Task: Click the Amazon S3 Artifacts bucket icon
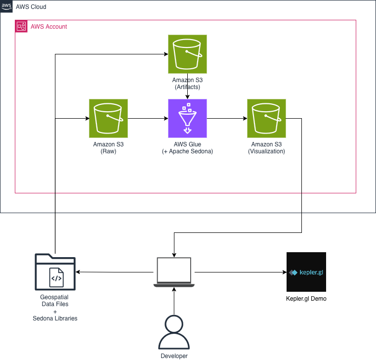point(187,54)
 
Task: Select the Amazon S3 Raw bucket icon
point(108,118)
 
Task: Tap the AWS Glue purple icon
point(187,118)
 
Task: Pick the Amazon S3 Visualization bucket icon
point(266,118)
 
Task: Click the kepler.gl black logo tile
point(306,272)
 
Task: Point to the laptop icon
point(173,272)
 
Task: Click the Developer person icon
point(174,333)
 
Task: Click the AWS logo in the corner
point(7,7)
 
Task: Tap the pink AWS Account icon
point(21,26)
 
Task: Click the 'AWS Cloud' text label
point(32,8)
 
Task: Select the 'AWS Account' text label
point(49,27)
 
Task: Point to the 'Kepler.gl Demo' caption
point(306,299)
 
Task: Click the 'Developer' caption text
point(174,356)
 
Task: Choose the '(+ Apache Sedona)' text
point(187,152)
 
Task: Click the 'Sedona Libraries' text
point(55,318)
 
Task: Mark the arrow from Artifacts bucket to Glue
point(187,94)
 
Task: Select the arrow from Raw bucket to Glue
point(148,119)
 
